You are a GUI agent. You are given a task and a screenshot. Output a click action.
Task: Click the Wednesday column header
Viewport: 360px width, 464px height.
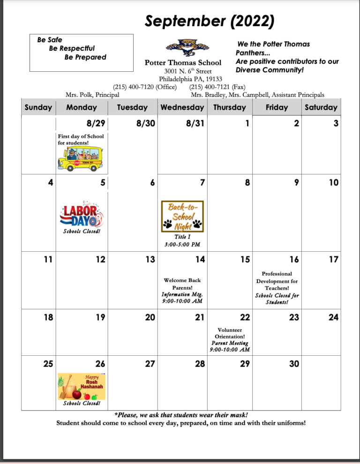coord(182,107)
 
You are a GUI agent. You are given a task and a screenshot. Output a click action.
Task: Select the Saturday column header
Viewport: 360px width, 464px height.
coord(321,107)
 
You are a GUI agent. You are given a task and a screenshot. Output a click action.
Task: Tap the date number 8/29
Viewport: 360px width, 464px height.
coord(96,124)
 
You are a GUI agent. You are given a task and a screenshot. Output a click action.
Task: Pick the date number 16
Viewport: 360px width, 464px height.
coord(293,259)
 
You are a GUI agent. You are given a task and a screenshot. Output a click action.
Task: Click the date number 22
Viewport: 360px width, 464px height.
coord(244,317)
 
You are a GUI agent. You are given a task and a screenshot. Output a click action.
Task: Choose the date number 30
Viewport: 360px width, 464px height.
coord(293,364)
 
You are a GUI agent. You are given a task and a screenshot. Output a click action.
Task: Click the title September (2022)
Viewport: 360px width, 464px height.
coord(209,21)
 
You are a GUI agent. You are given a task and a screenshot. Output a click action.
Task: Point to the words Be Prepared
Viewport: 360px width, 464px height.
coord(85,57)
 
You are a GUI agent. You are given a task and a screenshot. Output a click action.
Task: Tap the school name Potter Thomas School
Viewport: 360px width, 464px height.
coord(183,63)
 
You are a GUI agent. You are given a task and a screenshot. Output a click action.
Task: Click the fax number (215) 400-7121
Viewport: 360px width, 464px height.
coord(217,87)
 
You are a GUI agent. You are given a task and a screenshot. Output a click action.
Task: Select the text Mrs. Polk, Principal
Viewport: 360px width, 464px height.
coord(92,95)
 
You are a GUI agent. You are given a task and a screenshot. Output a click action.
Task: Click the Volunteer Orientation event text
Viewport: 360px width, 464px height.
coord(230,333)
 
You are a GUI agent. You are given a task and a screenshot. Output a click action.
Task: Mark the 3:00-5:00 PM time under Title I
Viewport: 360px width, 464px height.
coord(182,244)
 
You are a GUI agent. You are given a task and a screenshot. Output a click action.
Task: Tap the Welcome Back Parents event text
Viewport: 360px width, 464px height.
coord(182,284)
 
